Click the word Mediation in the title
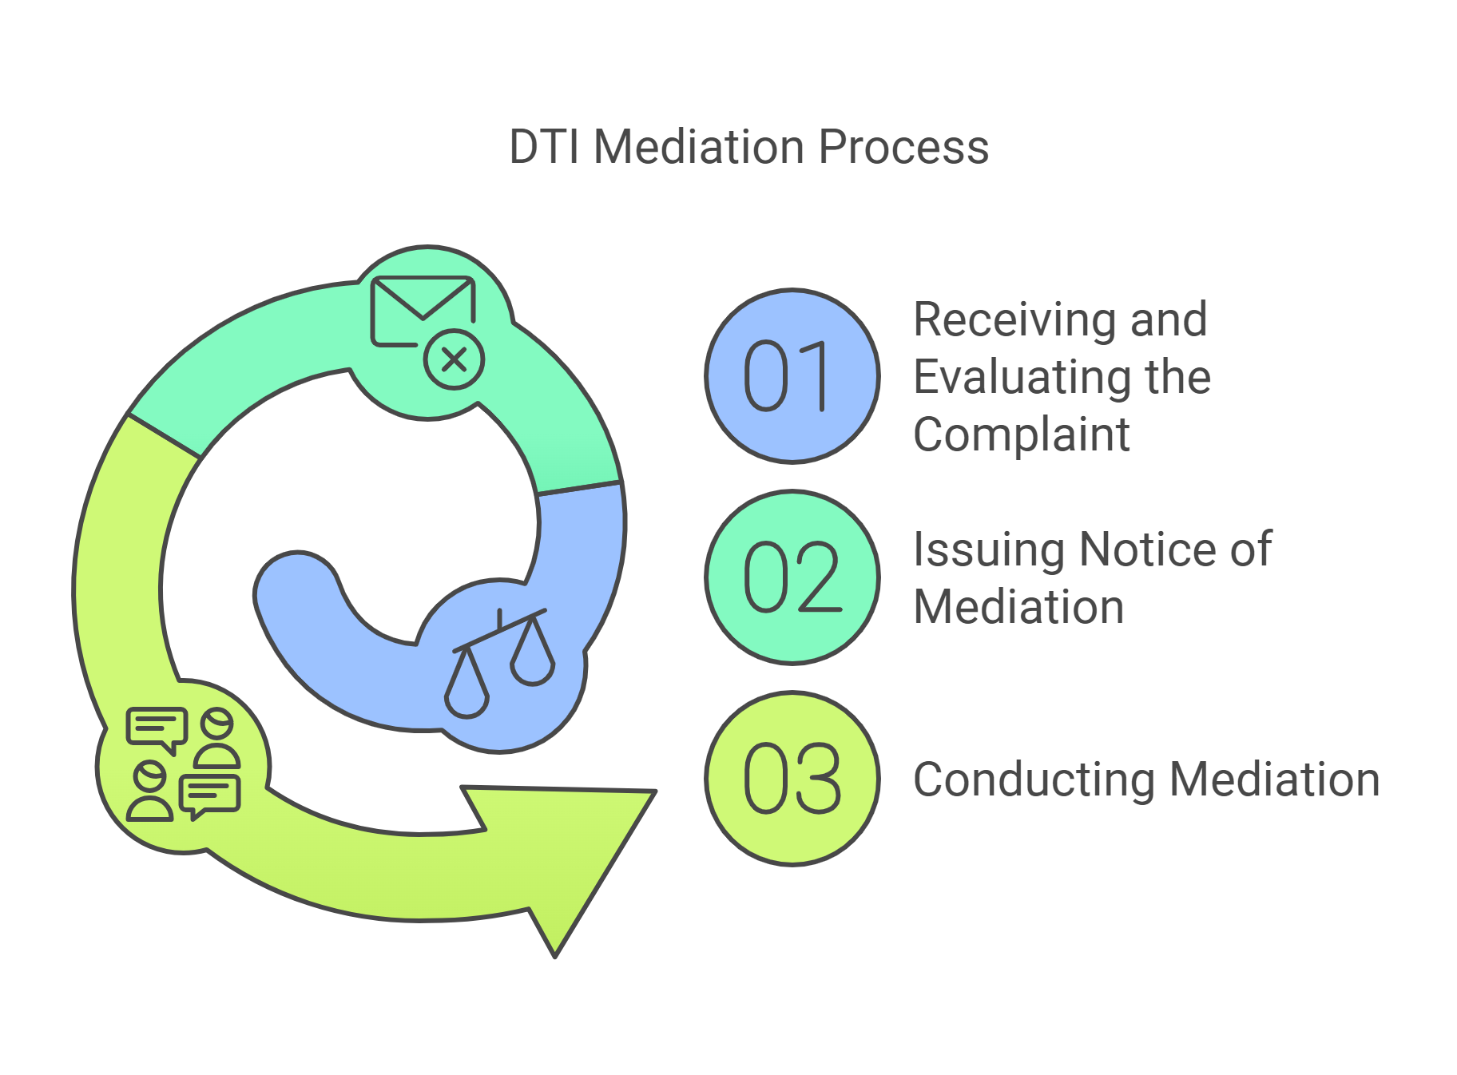[699, 148]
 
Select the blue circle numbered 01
[792, 376]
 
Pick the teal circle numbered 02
[792, 577]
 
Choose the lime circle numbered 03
[792, 778]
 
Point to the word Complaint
[1022, 434]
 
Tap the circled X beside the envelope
[454, 359]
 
